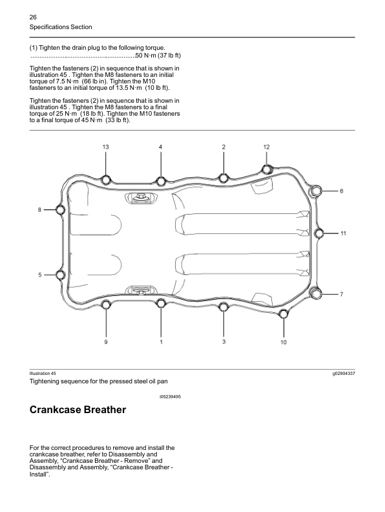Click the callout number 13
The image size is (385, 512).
(105, 147)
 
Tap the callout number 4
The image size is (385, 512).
(161, 147)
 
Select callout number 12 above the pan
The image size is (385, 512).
(266, 147)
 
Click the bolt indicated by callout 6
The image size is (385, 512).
(316, 191)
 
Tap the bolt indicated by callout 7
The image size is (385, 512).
(316, 294)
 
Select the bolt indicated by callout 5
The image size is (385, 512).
(61, 275)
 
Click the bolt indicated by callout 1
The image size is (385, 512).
(161, 303)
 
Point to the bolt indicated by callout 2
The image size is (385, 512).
(224, 178)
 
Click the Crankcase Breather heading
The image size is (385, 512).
(78, 411)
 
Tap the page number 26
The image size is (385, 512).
(34, 16)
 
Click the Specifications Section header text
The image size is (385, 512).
(61, 27)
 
